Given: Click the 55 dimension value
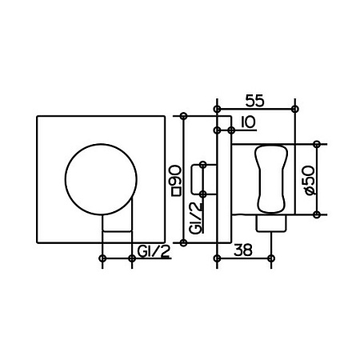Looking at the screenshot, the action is coord(254,101).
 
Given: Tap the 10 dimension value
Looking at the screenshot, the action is coord(248,122).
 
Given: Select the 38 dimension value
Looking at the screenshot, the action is coord(243,250).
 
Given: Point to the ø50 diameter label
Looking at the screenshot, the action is coord(310,180).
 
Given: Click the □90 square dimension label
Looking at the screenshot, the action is coord(176,181).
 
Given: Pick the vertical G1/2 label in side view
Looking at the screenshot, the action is coord(197,218).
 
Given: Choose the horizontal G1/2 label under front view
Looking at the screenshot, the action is coord(154,251).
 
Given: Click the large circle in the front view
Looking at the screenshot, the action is coord(101,144).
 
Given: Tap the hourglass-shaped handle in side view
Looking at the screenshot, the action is coord(271,179).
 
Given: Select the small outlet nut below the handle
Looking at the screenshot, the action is coord(271,223).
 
